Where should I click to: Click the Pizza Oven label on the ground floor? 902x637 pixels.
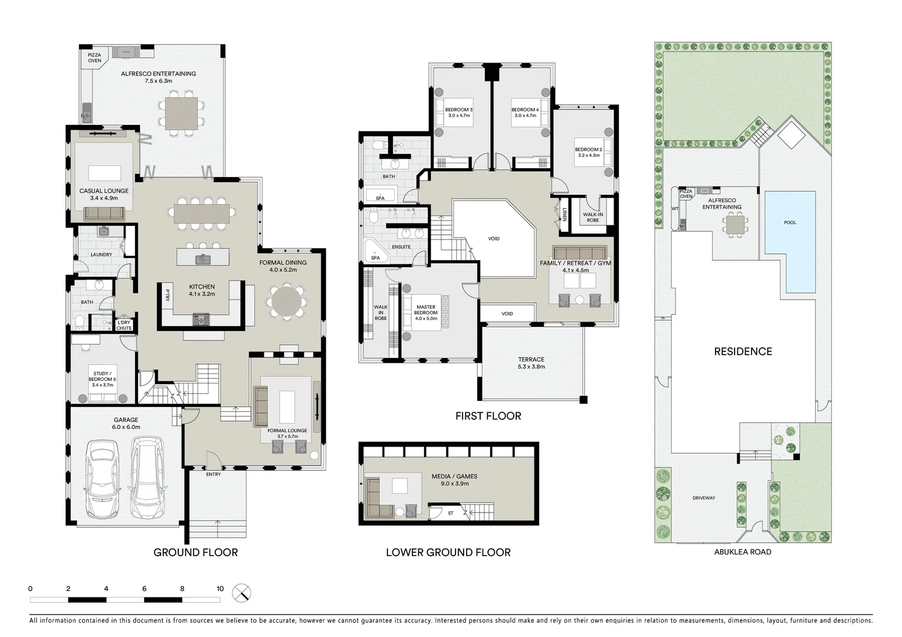(94, 58)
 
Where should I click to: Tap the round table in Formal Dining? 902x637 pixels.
(286, 302)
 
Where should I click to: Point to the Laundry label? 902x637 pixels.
(101, 255)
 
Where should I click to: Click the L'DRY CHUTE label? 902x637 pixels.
(124, 325)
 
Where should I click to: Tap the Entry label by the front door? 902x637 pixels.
(214, 474)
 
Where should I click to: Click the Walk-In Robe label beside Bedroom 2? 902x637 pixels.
(592, 218)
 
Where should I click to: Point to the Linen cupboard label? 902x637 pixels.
(565, 215)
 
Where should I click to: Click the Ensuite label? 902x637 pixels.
(401, 247)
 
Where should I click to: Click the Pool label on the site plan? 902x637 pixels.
(790, 222)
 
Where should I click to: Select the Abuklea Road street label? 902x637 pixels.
(743, 552)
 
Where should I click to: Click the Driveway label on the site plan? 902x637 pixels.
(704, 498)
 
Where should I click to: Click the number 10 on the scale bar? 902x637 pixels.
(220, 589)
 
